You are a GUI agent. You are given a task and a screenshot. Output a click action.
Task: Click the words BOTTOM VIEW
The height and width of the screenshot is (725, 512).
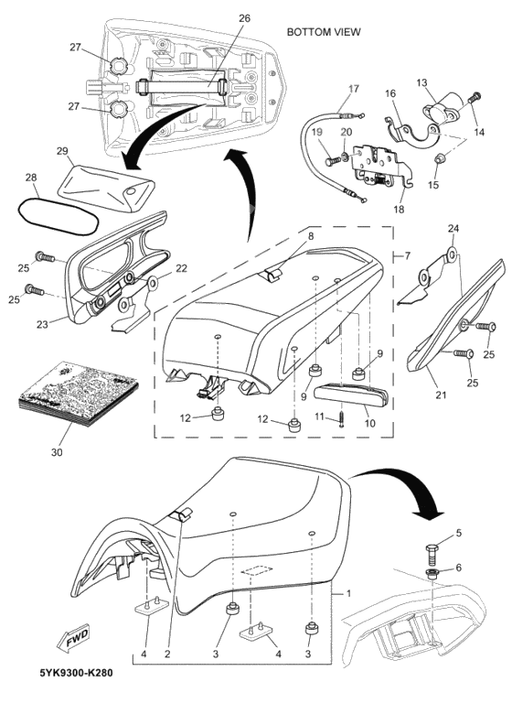323,32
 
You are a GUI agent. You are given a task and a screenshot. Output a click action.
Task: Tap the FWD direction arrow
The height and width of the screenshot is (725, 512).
73,641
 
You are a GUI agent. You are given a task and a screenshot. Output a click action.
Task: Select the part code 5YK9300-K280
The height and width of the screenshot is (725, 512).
76,672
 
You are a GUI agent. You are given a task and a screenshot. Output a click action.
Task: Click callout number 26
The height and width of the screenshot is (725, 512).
244,18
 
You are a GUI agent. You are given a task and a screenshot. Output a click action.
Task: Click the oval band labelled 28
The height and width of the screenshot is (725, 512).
58,215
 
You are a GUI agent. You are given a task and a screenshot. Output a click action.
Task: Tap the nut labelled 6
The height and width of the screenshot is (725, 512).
432,575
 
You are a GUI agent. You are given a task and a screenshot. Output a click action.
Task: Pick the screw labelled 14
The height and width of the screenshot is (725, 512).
475,99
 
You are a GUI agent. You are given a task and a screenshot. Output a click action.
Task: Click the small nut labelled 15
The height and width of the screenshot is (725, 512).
439,159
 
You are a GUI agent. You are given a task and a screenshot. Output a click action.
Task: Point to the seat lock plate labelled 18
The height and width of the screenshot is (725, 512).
381,168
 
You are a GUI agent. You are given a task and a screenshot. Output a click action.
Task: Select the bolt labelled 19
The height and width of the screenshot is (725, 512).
334,160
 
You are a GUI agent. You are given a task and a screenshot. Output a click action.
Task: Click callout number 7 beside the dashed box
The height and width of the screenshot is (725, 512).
407,254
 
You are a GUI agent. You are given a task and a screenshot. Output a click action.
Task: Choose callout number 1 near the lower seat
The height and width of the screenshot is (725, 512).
348,593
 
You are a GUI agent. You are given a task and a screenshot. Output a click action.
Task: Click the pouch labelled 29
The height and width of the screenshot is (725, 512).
106,187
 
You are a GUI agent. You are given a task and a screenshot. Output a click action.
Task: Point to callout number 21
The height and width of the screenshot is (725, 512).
442,395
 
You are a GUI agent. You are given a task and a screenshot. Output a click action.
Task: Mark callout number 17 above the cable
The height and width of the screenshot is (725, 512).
354,89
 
